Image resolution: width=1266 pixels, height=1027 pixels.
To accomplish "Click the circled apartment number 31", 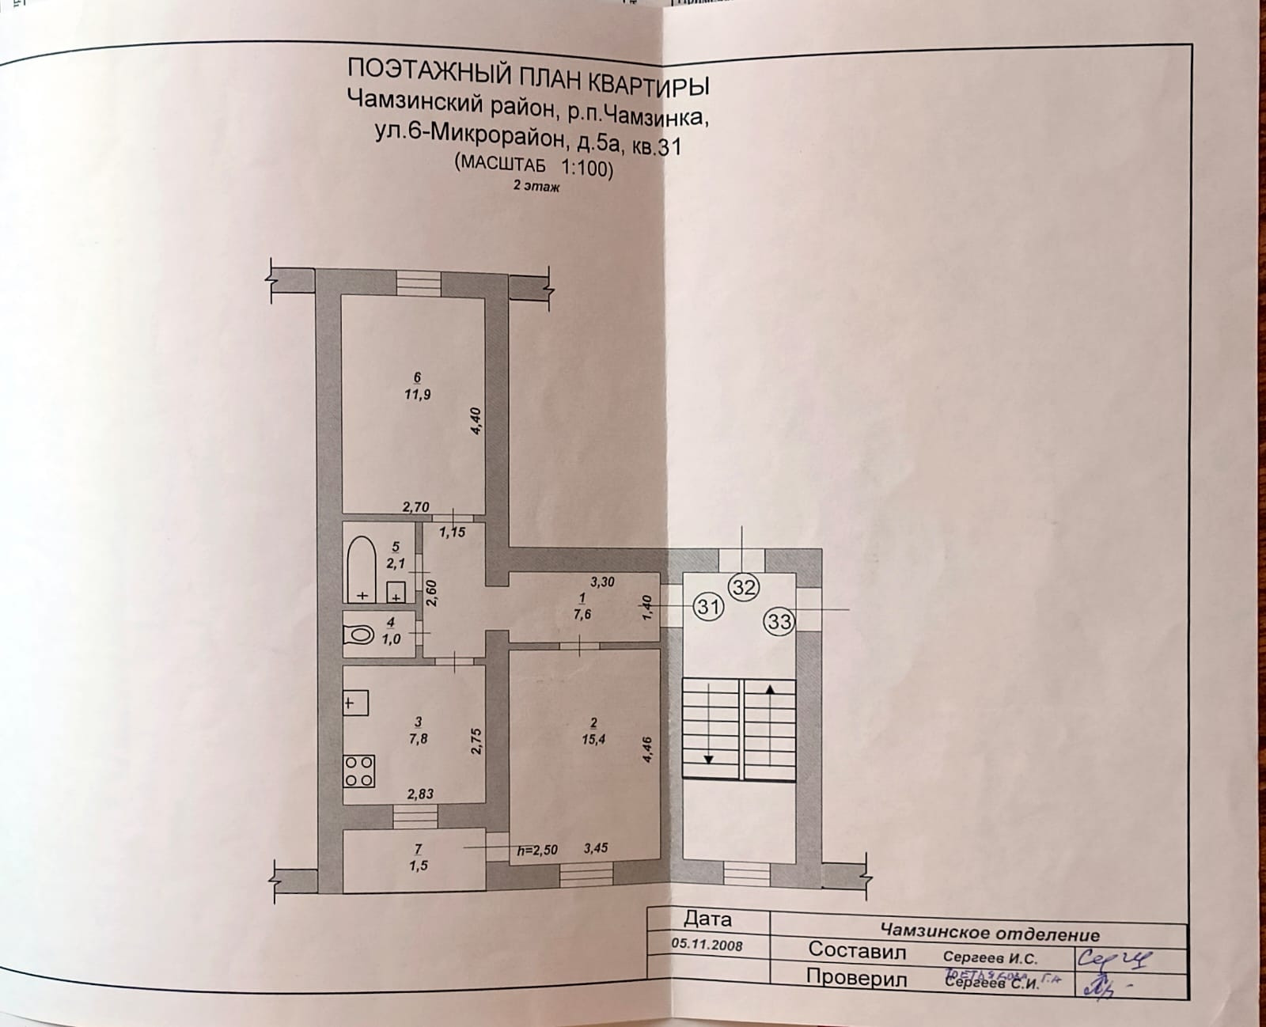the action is coord(709,607).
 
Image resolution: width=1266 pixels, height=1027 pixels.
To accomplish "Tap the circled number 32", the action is coord(745,586).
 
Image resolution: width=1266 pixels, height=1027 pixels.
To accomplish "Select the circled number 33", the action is coord(779,622).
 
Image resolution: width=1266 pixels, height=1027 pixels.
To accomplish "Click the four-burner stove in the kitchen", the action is coord(358,771).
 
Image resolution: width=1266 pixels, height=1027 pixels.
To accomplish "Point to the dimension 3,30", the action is coord(602,582).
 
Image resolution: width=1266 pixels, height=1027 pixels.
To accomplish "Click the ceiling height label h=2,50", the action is coord(537,851).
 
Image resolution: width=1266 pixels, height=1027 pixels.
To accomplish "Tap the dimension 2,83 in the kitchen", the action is coord(419,794).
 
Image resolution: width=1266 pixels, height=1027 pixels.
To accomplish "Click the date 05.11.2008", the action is coord(707,945).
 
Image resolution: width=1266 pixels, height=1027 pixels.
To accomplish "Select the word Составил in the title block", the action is coord(857,950).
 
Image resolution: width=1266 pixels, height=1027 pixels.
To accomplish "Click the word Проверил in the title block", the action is coord(856,978).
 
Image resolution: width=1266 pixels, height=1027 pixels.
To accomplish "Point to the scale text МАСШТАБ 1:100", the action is coord(533,165).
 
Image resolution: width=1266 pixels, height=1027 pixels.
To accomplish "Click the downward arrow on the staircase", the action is coord(709,758).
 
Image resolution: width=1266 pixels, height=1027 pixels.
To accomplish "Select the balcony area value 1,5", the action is coord(419,866).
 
